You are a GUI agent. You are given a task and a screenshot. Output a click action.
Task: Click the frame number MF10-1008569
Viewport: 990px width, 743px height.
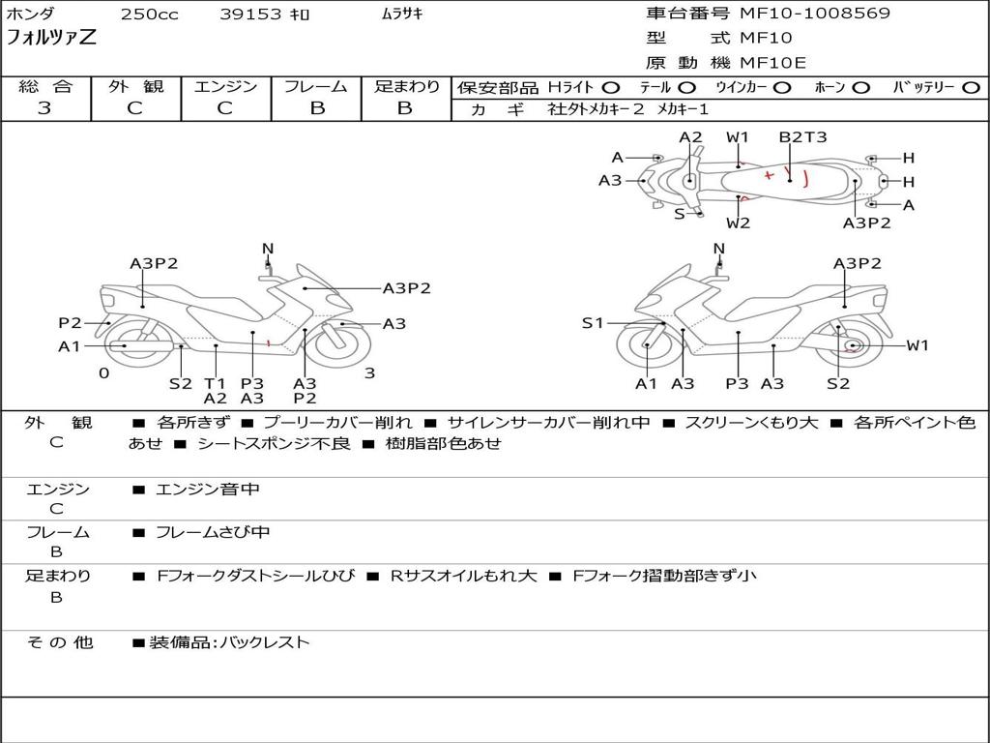[815, 14]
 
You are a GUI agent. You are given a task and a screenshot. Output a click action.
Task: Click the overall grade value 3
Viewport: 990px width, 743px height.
[44, 108]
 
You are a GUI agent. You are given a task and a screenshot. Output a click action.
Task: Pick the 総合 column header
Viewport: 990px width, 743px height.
[45, 86]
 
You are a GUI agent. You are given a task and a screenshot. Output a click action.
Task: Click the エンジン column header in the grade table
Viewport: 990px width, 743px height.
[225, 86]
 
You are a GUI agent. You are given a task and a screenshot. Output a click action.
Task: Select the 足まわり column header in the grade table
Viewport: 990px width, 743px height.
[406, 86]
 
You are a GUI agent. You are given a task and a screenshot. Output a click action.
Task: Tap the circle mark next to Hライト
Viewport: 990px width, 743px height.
[611, 87]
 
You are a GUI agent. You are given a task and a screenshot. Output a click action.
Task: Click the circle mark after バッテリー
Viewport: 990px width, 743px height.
[972, 87]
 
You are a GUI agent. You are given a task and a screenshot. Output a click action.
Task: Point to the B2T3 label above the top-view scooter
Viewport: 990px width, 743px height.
[802, 136]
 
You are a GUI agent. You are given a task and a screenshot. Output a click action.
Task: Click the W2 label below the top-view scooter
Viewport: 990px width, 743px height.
[738, 223]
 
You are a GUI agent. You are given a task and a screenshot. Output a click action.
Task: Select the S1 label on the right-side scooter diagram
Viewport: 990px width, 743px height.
[592, 323]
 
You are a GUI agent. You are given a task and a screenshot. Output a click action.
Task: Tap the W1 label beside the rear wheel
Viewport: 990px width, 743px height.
[917, 345]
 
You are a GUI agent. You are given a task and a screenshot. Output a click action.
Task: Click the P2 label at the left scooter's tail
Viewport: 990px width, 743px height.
[70, 323]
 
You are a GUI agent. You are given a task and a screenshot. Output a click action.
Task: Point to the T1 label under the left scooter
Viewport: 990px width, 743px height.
[215, 383]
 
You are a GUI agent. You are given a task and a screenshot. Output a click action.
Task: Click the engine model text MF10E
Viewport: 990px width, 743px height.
[772, 63]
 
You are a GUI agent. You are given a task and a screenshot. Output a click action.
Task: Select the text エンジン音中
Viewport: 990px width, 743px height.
[208, 490]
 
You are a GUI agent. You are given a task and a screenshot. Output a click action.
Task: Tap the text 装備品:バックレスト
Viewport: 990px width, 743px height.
[229, 641]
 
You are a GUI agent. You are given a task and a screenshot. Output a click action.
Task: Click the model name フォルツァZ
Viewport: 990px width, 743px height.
[52, 39]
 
